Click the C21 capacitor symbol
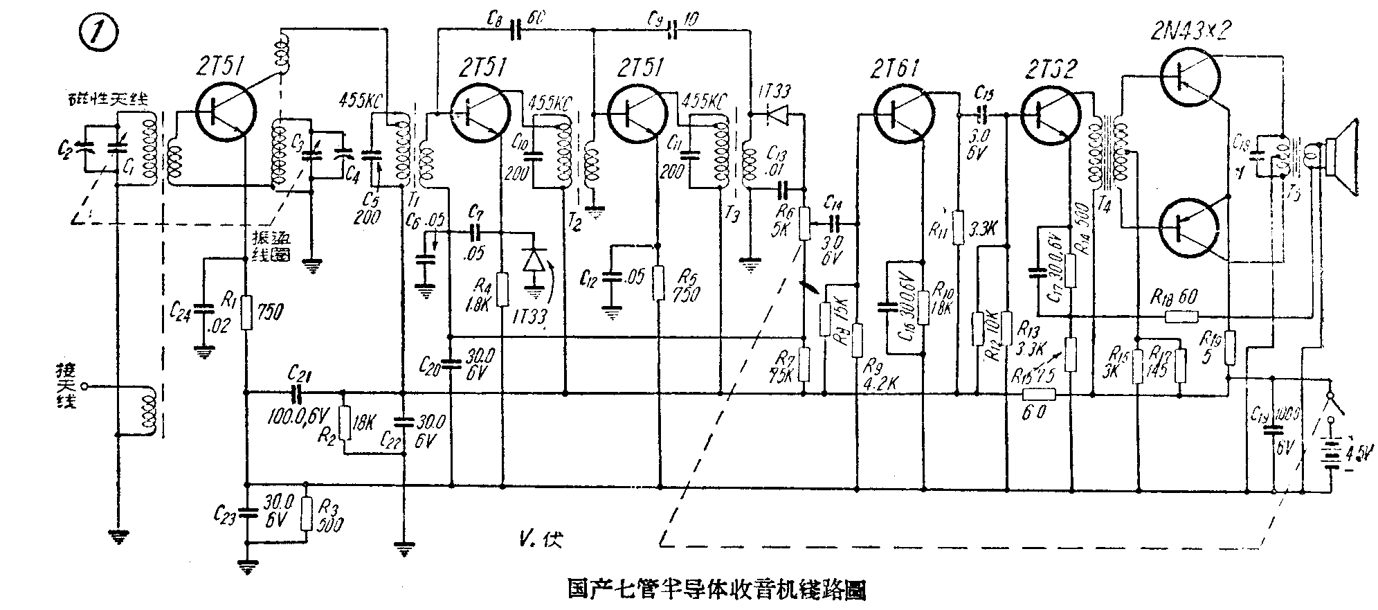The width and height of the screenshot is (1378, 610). click(298, 394)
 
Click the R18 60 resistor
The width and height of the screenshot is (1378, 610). click(1181, 316)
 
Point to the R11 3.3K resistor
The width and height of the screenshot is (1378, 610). click(959, 228)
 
